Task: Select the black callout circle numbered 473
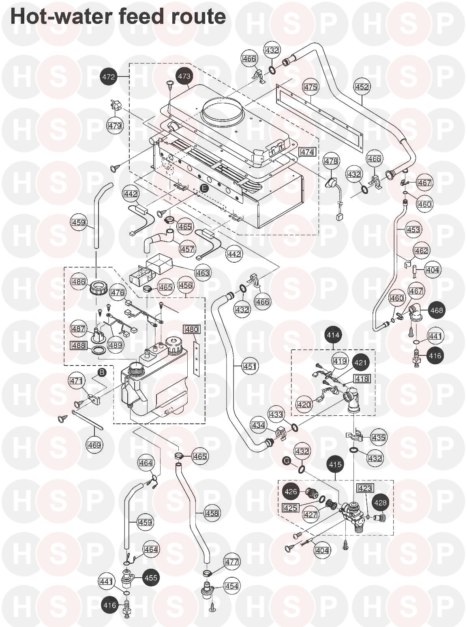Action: point(184,76)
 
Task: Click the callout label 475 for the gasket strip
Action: point(311,87)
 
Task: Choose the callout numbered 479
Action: point(115,126)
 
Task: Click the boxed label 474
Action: point(307,152)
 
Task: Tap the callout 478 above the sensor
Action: point(330,162)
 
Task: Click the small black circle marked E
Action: point(205,188)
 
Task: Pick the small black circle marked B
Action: point(102,372)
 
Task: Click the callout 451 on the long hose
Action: point(249,367)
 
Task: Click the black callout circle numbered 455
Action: point(150,578)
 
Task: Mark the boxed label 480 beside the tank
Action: point(192,329)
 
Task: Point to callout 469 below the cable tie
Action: point(94,445)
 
